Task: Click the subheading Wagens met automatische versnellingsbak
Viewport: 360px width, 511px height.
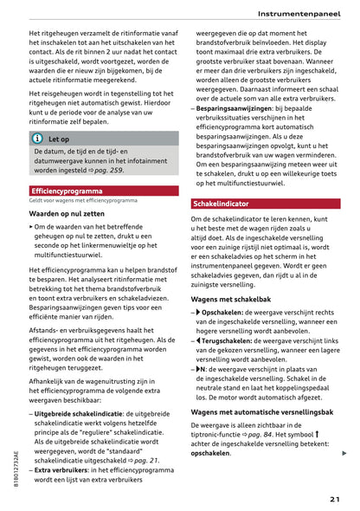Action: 262,412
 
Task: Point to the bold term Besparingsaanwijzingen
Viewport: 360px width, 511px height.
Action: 236,111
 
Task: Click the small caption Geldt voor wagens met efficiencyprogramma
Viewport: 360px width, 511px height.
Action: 82,200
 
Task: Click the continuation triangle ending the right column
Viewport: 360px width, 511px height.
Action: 344,453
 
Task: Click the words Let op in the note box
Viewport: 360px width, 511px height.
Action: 59,139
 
